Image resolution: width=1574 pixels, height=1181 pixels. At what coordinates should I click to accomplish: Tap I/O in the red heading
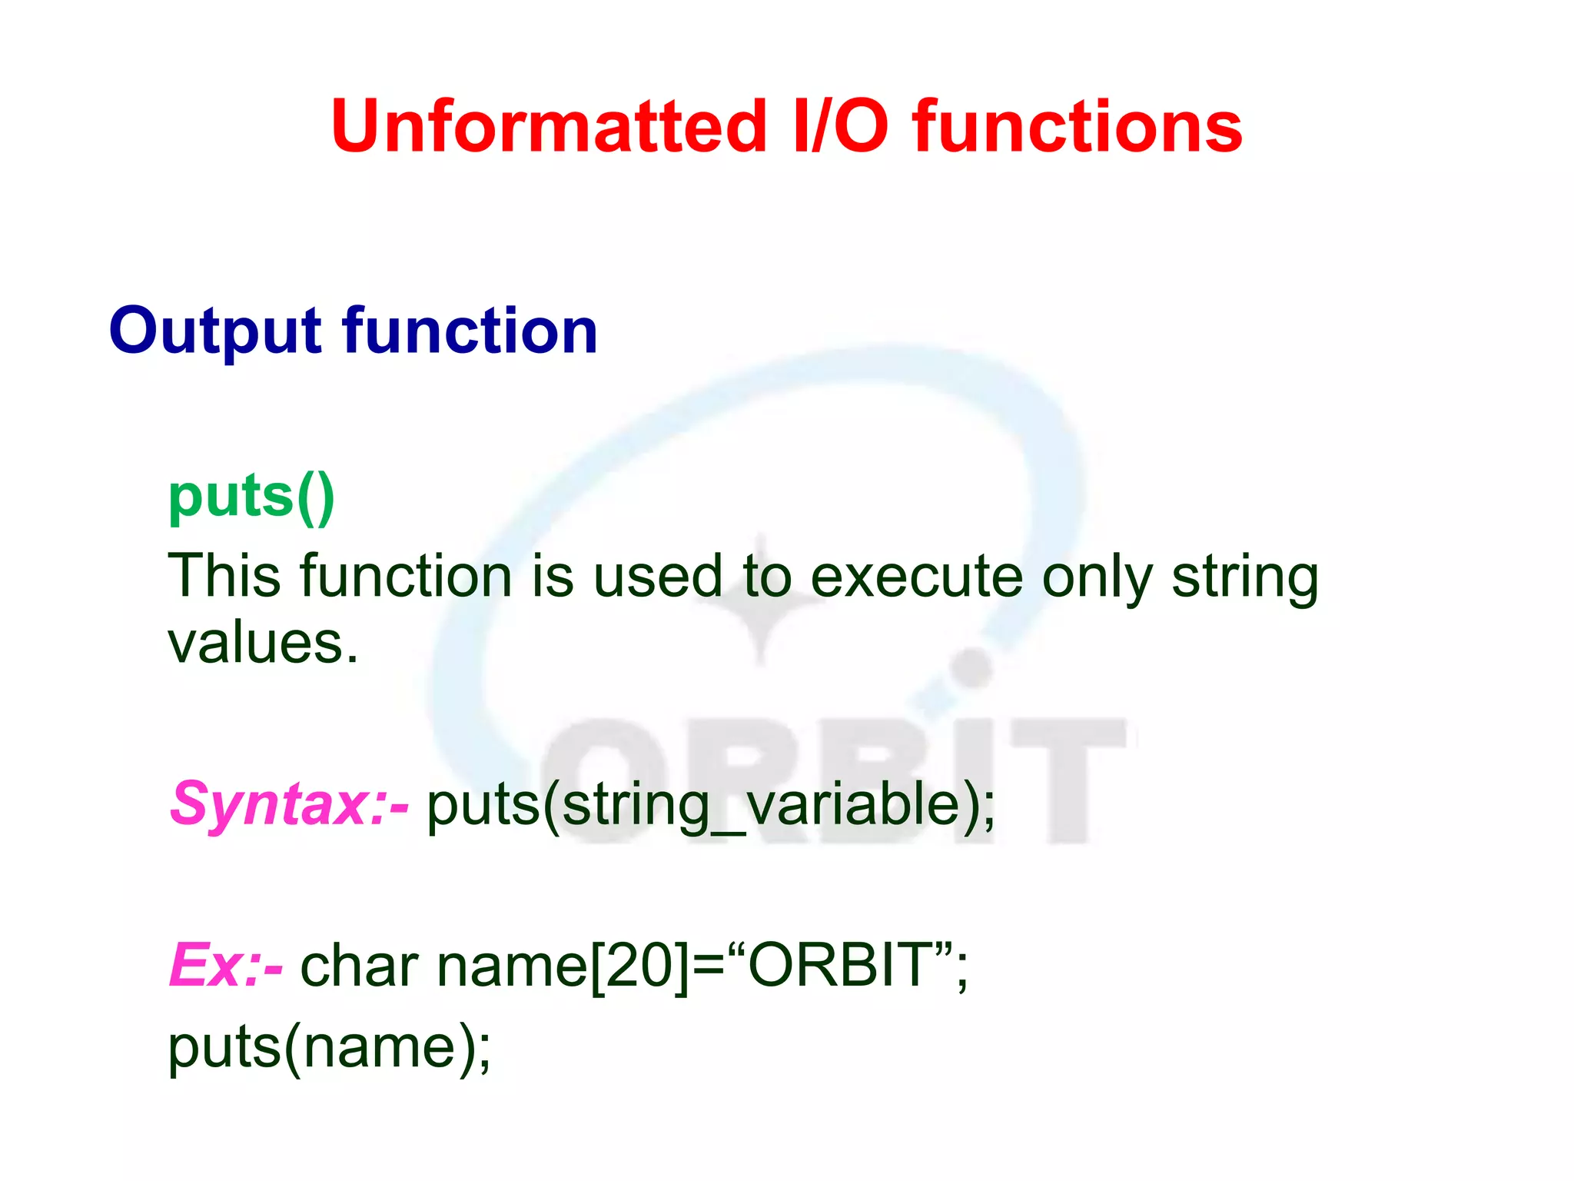tap(841, 127)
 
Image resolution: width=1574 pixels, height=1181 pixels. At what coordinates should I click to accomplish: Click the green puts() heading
tap(251, 498)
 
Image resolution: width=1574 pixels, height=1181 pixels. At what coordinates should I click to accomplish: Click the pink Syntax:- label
tap(289, 804)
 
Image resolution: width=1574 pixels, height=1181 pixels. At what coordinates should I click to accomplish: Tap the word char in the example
tap(359, 966)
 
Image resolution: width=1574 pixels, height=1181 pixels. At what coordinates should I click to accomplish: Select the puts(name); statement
tap(329, 1048)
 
